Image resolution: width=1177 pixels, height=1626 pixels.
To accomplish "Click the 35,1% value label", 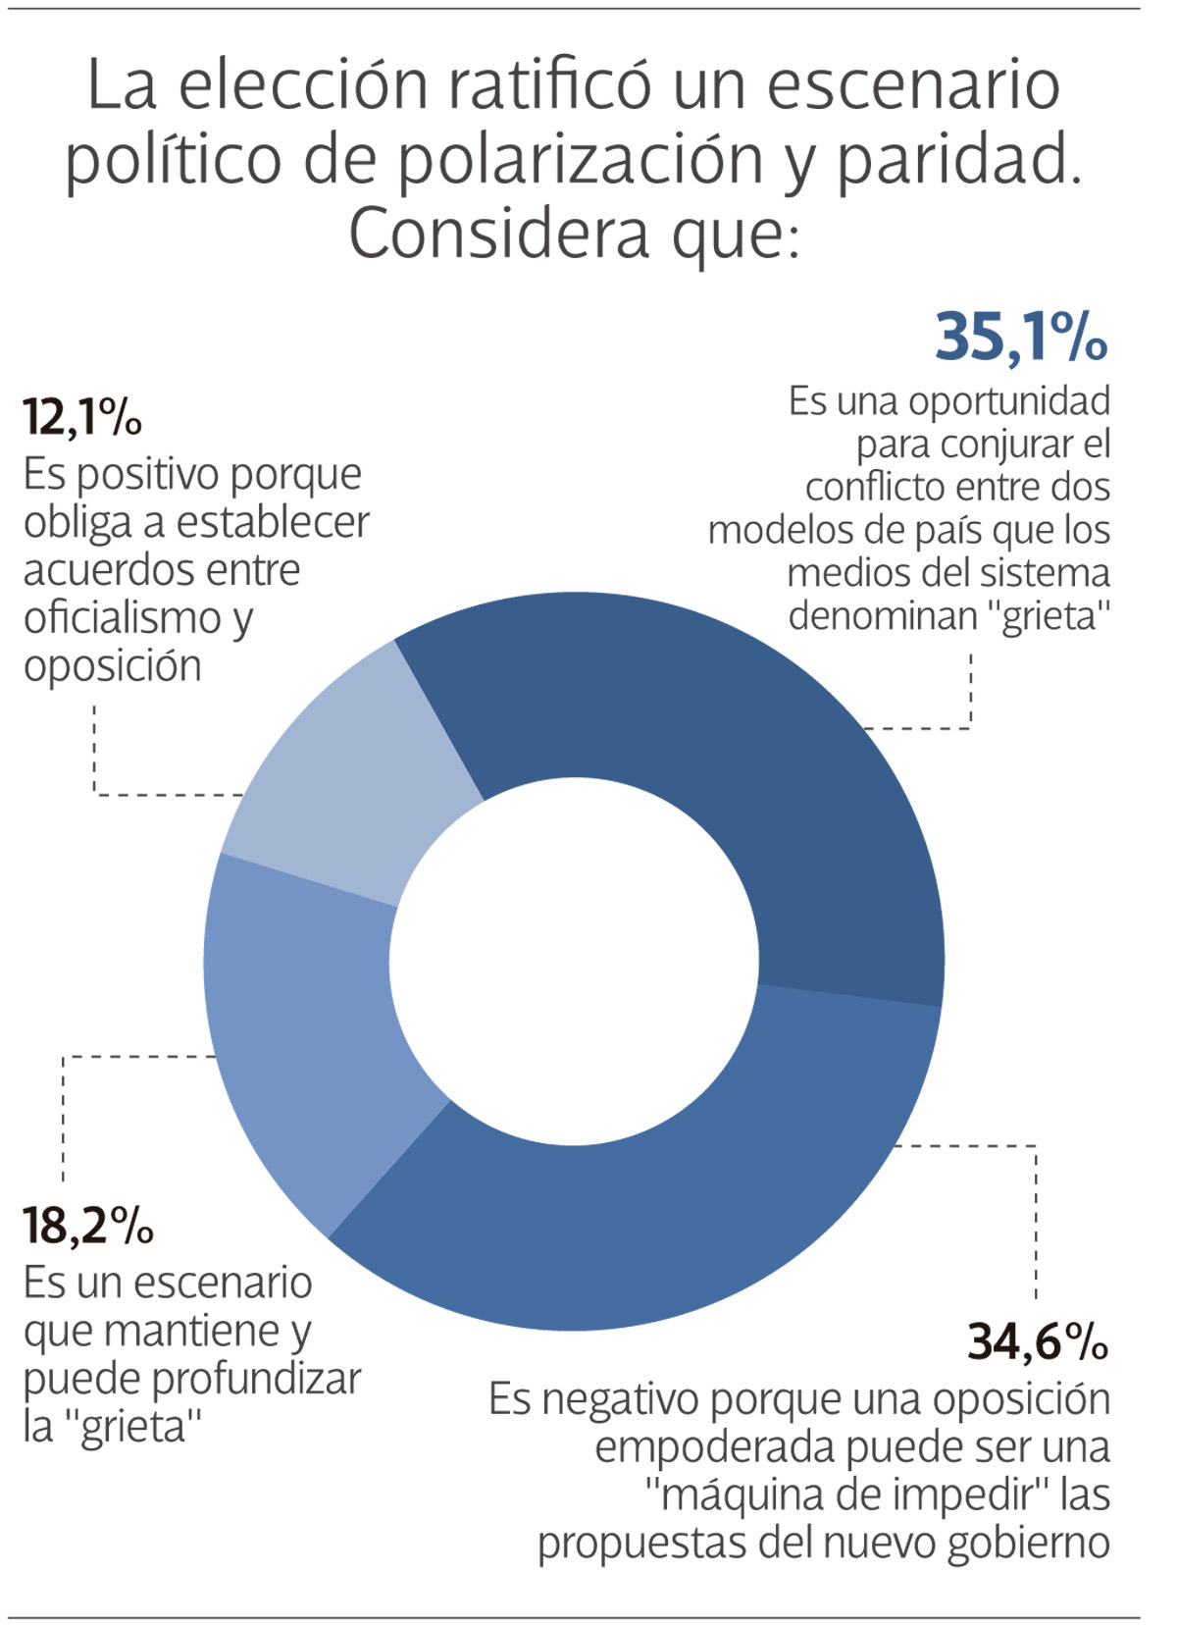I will pyautogui.click(x=1021, y=337).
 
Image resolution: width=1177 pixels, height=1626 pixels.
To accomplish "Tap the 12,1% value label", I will pyautogui.click(x=82, y=417).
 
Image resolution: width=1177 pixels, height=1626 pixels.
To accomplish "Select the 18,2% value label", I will pyautogui.click(x=88, y=1226).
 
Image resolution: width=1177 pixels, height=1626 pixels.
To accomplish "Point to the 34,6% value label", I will pyautogui.click(x=1038, y=1341).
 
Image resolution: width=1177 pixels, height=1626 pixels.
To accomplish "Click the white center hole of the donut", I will pyautogui.click(x=574, y=962).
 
